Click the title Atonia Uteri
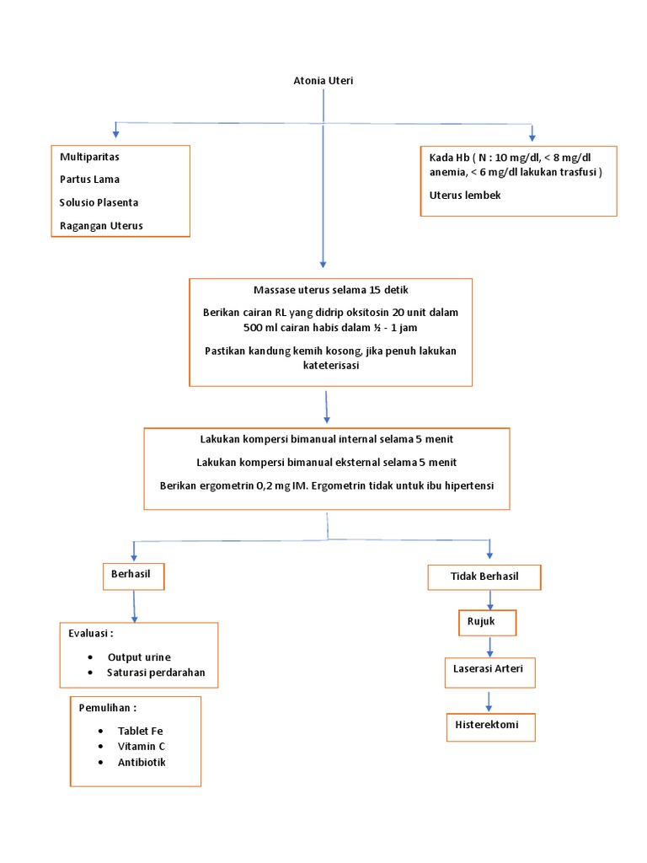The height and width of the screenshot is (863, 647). pyautogui.click(x=323, y=81)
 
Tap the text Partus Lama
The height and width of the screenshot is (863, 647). pyautogui.click(x=89, y=180)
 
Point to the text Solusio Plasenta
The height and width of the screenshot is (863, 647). pyautogui.click(x=99, y=202)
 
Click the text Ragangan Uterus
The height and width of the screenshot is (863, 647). pyautogui.click(x=101, y=225)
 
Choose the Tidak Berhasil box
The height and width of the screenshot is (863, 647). pyautogui.click(x=484, y=577)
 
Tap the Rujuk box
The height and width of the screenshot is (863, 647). pyautogui.click(x=487, y=622)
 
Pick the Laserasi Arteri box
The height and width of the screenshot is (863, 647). pyautogui.click(x=489, y=672)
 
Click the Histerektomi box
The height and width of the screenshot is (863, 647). pyautogui.click(x=489, y=726)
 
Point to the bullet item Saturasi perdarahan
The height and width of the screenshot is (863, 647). pyautogui.click(x=156, y=673)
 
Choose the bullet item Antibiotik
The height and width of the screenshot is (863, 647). pyautogui.click(x=142, y=762)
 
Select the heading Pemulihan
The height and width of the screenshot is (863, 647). pyautogui.click(x=108, y=707)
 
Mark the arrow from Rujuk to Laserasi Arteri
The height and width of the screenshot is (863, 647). pyautogui.click(x=489, y=647)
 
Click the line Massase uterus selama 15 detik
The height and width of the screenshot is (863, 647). pyautogui.click(x=331, y=290)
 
